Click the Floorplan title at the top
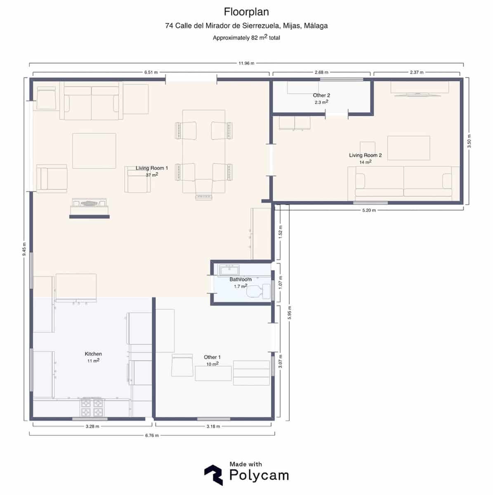(x=246, y=11)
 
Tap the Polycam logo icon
(x=213, y=475)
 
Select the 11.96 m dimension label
(x=246, y=63)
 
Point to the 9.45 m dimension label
(x=24, y=249)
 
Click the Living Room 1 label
(x=152, y=168)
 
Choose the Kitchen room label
(x=93, y=354)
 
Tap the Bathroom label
(x=241, y=279)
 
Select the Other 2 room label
(x=321, y=95)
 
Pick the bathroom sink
(x=229, y=271)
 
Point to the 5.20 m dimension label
(x=369, y=210)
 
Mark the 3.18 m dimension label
(x=213, y=426)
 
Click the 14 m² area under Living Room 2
(x=366, y=162)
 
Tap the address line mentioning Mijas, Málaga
(x=246, y=26)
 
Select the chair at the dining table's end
(x=203, y=190)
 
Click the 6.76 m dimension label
(x=152, y=435)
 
